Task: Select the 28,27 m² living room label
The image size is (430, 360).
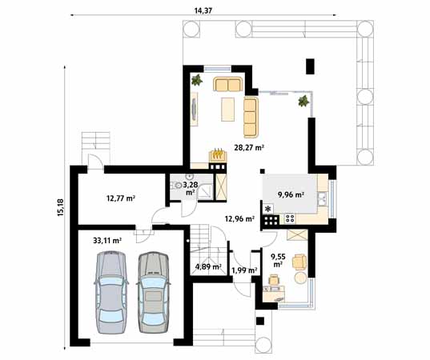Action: pos(249,147)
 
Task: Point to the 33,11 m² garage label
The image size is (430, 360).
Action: pos(106,239)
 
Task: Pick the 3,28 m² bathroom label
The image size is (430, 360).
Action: pos(191,188)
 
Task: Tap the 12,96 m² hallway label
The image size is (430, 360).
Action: pos(239,218)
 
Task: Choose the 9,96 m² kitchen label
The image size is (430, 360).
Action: pos(290,194)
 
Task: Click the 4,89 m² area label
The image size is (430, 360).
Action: pos(207,268)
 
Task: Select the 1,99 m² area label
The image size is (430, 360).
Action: pos(243,270)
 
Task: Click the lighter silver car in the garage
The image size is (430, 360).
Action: pos(111,292)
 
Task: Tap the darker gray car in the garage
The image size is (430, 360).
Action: pos(152,292)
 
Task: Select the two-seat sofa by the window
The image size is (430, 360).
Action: pos(228,85)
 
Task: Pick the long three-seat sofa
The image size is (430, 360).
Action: pos(251,117)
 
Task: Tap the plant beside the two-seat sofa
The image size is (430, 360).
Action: pos(196,80)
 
